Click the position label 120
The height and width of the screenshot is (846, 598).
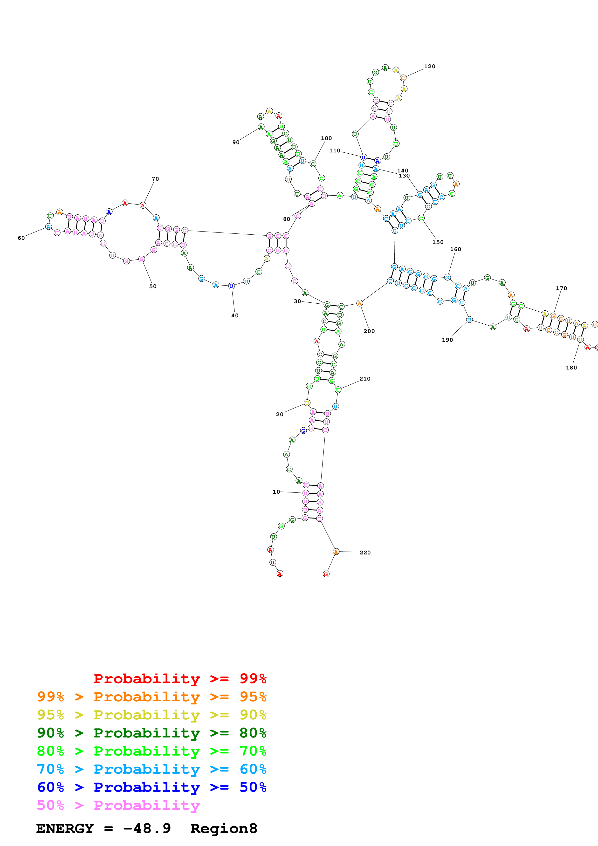click(x=430, y=66)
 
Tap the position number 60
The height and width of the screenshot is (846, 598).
click(x=21, y=238)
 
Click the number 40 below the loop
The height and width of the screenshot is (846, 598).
click(x=235, y=315)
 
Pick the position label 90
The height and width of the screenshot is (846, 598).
click(x=236, y=142)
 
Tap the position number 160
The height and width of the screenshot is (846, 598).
click(x=456, y=249)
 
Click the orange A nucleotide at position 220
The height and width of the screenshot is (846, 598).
click(x=336, y=552)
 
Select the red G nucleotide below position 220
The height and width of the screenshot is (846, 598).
click(x=326, y=574)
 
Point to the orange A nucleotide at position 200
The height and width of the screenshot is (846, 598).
click(x=360, y=303)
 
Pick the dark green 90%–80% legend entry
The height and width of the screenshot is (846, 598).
click(x=152, y=733)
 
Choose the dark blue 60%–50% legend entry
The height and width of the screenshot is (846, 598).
click(x=152, y=787)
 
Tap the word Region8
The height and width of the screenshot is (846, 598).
click(x=224, y=829)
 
